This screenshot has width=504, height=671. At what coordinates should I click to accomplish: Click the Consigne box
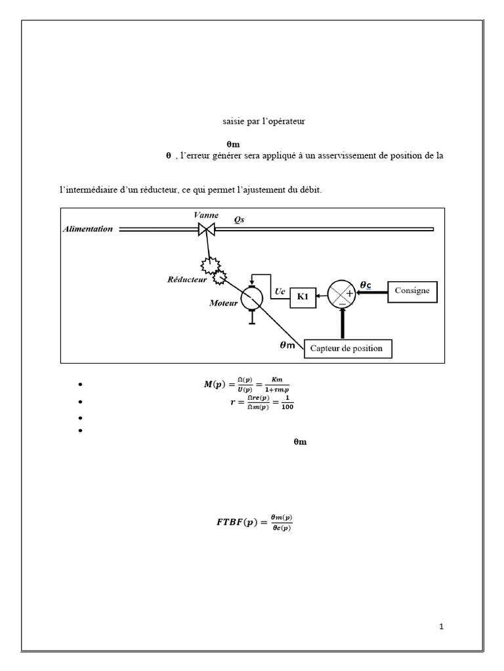point(412,292)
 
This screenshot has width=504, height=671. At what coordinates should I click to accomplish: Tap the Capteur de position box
point(348,349)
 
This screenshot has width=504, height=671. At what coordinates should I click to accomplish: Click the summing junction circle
point(341,294)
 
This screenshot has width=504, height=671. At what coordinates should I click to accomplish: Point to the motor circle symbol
point(251,298)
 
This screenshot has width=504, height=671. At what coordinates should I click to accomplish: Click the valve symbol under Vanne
point(207,230)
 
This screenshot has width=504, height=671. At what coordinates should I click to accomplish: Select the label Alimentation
point(88,229)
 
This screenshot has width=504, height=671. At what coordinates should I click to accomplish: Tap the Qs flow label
point(239,220)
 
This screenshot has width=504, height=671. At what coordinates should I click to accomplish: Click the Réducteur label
point(187,279)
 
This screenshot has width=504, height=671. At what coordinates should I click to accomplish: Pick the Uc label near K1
point(280,292)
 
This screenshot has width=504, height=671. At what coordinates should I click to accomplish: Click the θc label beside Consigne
point(366,285)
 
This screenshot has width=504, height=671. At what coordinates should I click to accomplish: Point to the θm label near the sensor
point(287,345)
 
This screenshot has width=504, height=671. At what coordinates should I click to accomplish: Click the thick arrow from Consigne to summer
point(372,292)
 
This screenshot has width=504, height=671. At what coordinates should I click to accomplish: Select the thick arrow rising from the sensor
point(343,324)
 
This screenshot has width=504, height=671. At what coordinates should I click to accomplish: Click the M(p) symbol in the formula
point(215,384)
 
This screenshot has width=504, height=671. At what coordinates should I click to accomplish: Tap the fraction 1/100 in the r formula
point(287,403)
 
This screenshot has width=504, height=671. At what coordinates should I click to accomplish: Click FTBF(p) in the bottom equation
point(237,522)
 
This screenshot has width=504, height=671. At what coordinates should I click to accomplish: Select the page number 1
point(442,627)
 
